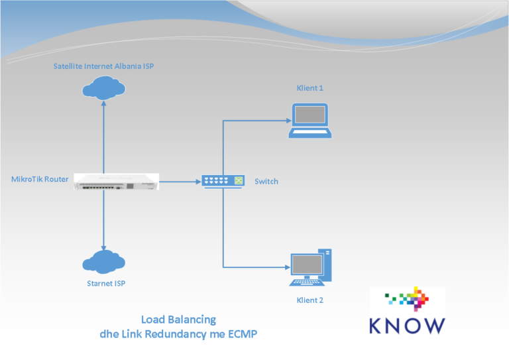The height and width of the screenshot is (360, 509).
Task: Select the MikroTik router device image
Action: [x=116, y=181]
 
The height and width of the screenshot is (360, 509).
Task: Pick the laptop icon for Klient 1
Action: [x=310, y=119]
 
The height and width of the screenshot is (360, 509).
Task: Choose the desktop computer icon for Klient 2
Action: [x=311, y=267]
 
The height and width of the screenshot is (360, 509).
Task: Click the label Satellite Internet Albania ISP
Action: [x=104, y=66]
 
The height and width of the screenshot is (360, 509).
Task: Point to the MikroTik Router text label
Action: [x=40, y=180]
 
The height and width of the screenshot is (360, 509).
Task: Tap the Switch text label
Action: [x=266, y=181]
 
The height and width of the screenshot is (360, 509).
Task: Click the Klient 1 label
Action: [x=310, y=88]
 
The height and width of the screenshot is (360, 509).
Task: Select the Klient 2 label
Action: [x=310, y=300]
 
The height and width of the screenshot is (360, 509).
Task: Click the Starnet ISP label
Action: [x=106, y=284]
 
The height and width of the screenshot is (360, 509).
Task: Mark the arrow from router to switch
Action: [x=179, y=181]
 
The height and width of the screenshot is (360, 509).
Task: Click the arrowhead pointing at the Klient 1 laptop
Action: [x=288, y=120]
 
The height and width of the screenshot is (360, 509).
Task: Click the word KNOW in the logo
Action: [x=407, y=326]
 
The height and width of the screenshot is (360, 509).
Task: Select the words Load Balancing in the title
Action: [x=178, y=320]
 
